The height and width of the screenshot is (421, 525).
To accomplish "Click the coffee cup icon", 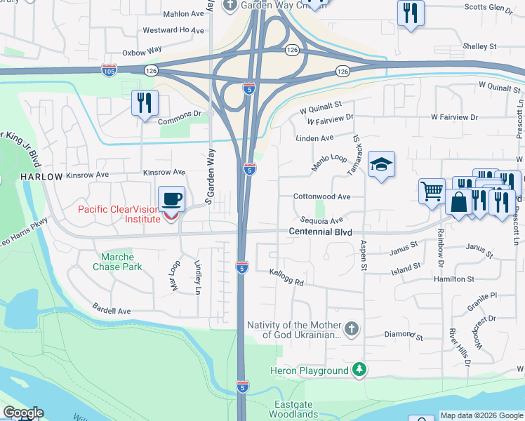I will [x=172, y=199].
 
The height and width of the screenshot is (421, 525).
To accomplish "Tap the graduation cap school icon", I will [x=381, y=165].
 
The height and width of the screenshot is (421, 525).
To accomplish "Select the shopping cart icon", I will [x=432, y=191].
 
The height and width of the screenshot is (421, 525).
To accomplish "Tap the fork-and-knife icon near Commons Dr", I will [x=145, y=103].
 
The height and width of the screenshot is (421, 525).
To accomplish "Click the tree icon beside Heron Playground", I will [x=359, y=370].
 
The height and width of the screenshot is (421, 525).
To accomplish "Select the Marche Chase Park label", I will [x=117, y=262].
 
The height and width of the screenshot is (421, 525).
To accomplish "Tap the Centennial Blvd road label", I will [x=320, y=232].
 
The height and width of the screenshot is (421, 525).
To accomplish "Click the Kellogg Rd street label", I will [x=286, y=278].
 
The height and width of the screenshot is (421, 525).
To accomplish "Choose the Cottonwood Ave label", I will [x=321, y=197].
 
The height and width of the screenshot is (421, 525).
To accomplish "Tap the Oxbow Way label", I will [x=142, y=51].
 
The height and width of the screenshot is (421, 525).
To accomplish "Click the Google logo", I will [x=22, y=413].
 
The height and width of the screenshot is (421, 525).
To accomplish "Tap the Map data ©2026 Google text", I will [x=481, y=415].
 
